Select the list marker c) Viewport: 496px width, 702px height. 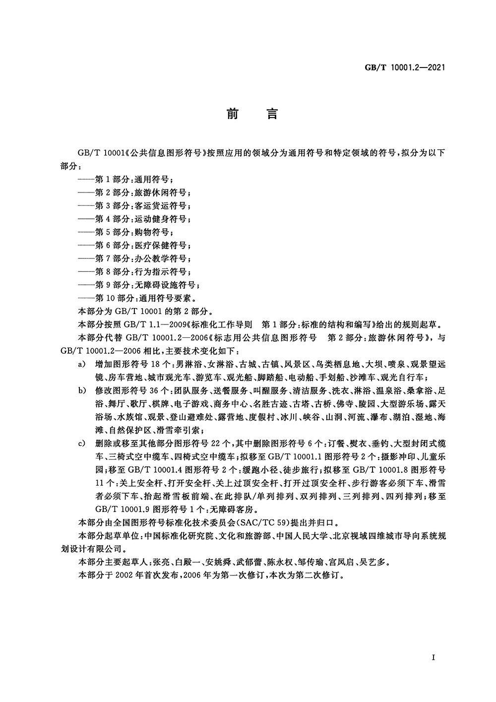[82, 443]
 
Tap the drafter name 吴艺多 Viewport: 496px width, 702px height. [378, 563]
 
